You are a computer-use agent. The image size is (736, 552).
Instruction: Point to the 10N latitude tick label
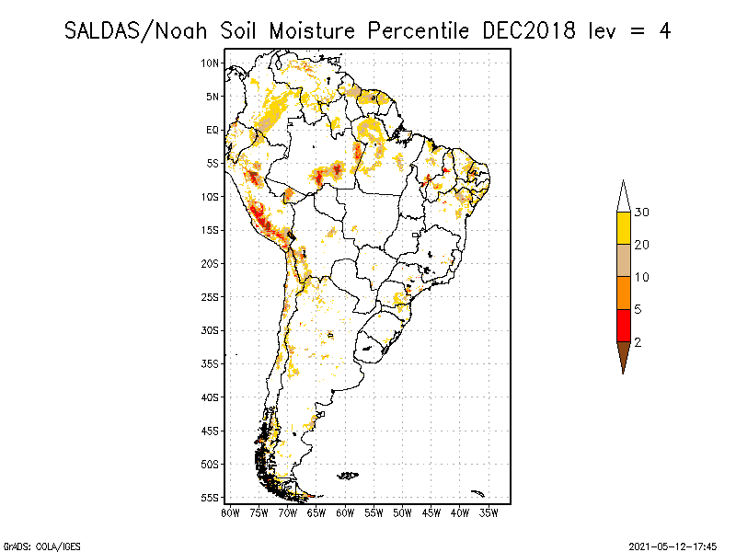(211, 63)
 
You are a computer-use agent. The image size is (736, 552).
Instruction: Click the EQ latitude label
(212, 130)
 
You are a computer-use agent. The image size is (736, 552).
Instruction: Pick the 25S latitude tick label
(211, 297)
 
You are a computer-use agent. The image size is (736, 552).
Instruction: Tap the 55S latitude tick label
(211, 498)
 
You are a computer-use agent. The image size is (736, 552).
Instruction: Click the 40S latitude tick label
(211, 397)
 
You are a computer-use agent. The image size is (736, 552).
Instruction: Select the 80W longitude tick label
(230, 512)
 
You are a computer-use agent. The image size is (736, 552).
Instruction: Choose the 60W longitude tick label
(345, 512)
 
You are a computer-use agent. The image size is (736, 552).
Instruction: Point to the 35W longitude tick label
(489, 512)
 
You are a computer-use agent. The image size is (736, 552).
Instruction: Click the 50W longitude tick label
(402, 512)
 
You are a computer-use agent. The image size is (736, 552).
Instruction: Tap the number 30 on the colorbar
(642, 213)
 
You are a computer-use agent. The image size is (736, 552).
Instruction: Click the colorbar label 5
(638, 309)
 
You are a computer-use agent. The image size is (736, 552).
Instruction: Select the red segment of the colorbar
(623, 325)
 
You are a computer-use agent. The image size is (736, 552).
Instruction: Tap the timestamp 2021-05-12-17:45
(673, 546)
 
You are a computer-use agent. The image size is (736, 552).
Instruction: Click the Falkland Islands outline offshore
(348, 476)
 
